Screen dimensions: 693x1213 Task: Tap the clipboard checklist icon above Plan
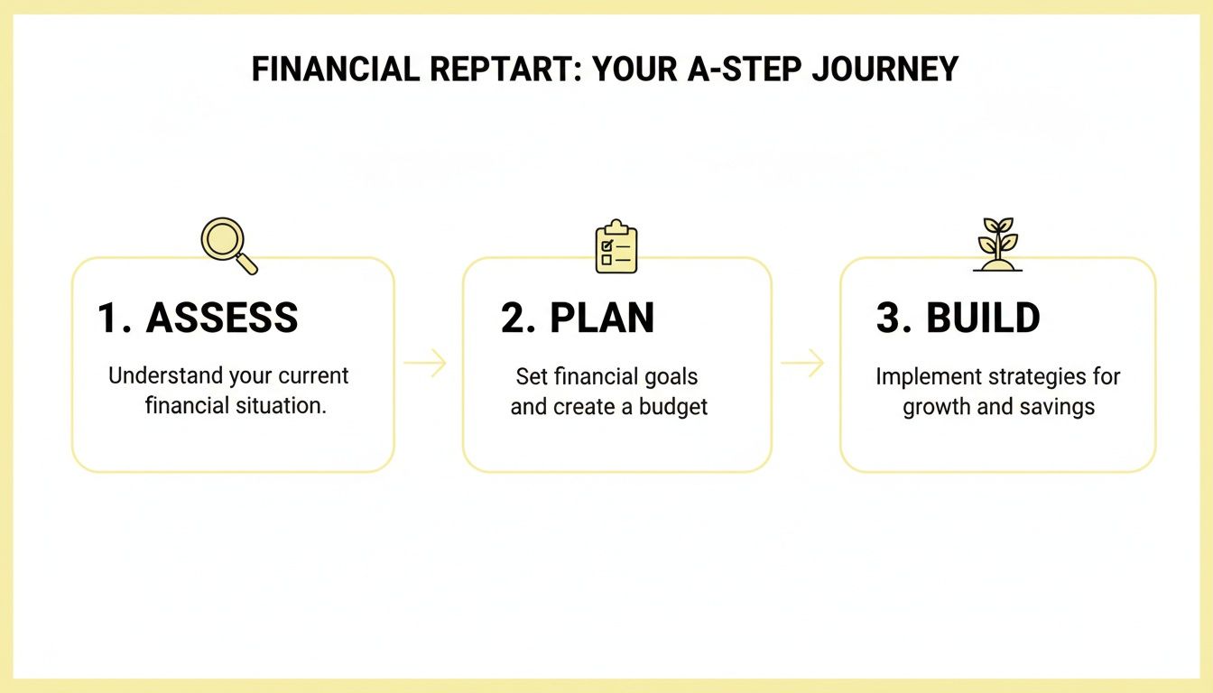click(x=616, y=246)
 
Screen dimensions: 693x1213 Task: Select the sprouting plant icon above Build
click(x=997, y=244)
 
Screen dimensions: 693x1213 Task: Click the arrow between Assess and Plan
click(x=425, y=364)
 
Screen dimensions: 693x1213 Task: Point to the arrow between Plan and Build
click(x=802, y=364)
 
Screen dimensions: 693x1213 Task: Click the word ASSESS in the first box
click(x=221, y=319)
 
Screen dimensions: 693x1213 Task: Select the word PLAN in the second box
click(x=602, y=319)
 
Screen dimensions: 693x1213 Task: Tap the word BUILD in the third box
click(x=983, y=319)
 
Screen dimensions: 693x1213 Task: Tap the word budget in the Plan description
click(x=673, y=407)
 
